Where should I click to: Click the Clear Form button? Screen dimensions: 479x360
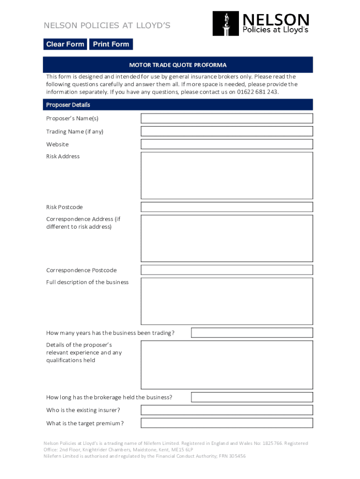(65, 44)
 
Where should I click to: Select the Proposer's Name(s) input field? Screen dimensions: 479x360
(227, 118)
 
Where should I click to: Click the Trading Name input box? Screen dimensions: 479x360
(227, 131)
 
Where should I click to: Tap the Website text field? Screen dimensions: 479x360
(227, 144)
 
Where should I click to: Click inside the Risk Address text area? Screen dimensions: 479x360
(227, 175)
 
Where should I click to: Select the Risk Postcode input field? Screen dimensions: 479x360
(227, 207)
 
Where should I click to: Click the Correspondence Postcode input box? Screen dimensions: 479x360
(227, 270)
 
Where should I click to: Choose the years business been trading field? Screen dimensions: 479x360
(252, 333)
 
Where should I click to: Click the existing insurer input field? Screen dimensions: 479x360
(227, 410)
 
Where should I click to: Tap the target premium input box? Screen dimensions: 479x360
(227, 423)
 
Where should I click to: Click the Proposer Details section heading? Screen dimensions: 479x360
(68, 105)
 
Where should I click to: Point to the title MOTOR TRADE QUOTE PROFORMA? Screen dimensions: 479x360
(178, 65)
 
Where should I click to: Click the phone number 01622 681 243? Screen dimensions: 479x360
(257, 92)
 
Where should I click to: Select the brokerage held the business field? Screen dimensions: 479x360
(252, 397)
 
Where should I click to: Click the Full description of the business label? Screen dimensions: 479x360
(87, 283)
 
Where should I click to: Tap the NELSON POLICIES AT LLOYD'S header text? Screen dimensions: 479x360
(107, 25)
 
